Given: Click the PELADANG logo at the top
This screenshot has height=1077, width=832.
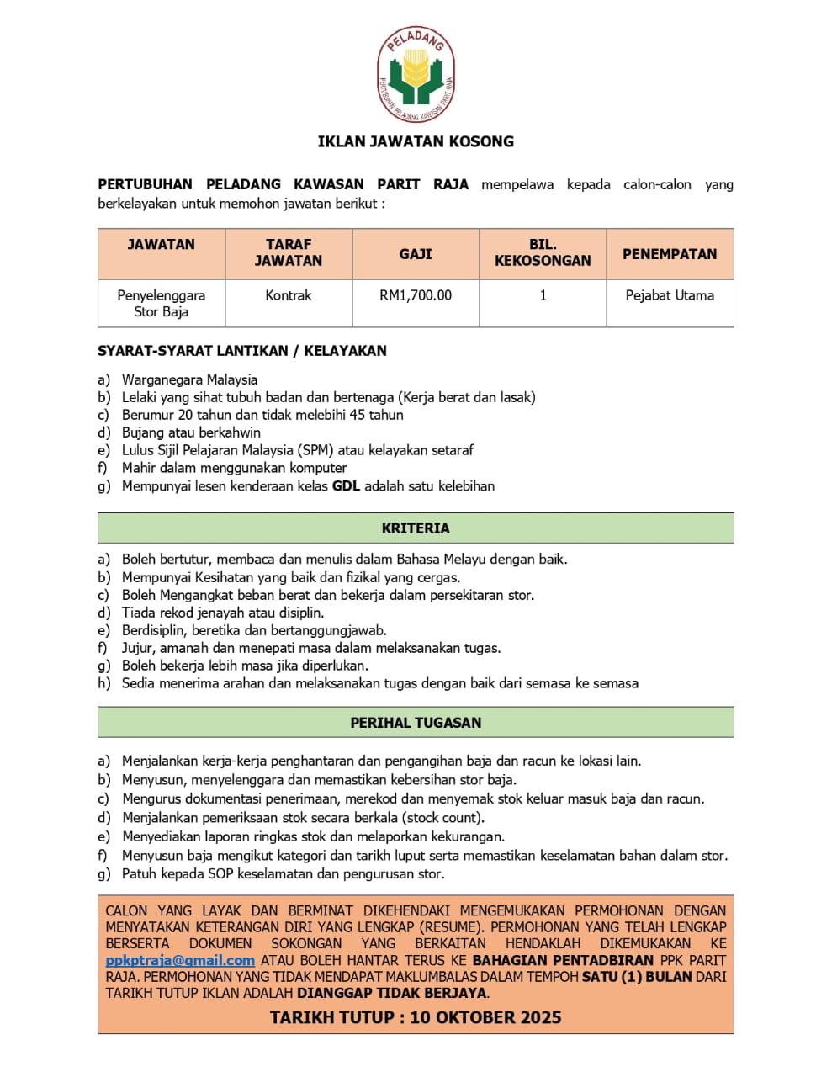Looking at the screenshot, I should click(416, 75).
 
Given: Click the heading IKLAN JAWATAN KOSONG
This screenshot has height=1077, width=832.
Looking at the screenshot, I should click(416, 141).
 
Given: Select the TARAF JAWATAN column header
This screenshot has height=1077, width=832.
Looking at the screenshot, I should click(288, 252).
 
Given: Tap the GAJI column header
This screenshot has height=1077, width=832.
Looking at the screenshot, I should click(416, 253).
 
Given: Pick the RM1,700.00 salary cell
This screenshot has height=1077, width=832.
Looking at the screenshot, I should click(416, 295).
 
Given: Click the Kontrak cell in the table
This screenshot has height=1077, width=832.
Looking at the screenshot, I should click(288, 295).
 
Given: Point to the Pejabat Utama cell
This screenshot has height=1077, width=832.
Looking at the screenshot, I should click(670, 295).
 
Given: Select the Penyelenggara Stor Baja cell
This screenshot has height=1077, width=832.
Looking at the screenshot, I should click(161, 304).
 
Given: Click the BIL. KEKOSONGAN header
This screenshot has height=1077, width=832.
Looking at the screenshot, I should click(543, 252).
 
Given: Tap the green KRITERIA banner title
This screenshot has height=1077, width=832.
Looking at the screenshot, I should click(416, 528).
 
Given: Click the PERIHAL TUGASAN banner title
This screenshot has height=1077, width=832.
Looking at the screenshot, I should click(416, 723).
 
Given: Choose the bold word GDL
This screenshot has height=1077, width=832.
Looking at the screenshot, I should click(346, 486).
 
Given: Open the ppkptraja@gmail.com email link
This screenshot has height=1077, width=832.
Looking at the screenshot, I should click(180, 960).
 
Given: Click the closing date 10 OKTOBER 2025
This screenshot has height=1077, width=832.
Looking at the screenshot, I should click(485, 1017).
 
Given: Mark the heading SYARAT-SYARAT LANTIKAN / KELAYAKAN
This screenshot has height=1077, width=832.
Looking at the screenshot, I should click(242, 351).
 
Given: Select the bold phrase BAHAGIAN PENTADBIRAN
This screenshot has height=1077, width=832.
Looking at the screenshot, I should click(563, 960).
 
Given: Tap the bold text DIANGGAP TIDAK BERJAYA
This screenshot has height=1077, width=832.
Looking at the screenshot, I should click(392, 993).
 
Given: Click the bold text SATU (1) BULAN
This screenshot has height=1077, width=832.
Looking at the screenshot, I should click(638, 977).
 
